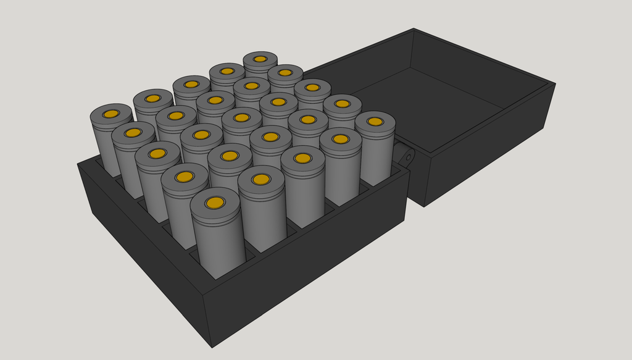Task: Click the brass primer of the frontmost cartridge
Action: (215, 203)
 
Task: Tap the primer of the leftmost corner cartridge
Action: (111, 114)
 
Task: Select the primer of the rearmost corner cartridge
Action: (260, 59)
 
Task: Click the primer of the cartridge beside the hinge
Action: (375, 122)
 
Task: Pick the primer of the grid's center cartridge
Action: (241, 117)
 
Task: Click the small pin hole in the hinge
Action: (408, 157)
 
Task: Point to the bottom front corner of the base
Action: (212, 346)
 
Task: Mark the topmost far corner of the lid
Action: (414, 28)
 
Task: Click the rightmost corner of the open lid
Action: (555, 83)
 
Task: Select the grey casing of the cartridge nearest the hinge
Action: (375, 154)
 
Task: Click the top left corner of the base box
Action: (78, 164)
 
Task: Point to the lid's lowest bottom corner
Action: (424, 206)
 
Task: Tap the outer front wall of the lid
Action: (481, 154)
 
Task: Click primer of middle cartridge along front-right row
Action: (302, 158)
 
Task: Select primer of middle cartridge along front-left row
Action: (157, 153)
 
